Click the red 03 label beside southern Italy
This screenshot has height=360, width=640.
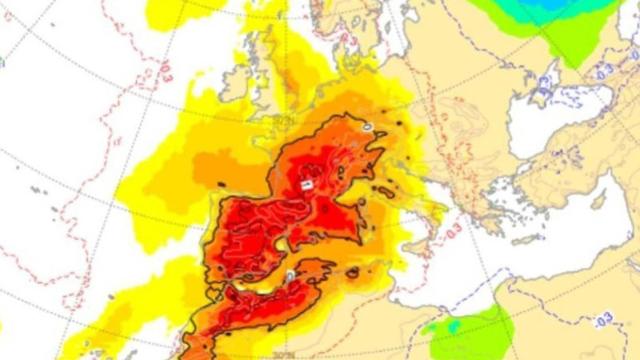tap(454, 231)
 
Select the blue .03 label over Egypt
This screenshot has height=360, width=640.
tap(603, 319)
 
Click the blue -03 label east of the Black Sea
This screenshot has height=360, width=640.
tap(604, 72)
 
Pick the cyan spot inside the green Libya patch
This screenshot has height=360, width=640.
tap(452, 325)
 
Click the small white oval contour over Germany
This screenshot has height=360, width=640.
tap(367, 128)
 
